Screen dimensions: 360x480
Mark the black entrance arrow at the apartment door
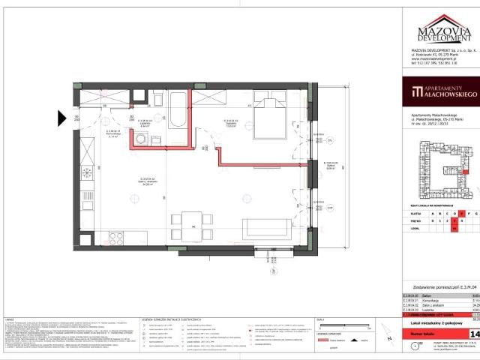[62, 117]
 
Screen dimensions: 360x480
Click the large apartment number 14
[474, 333]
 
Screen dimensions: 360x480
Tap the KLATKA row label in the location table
[409, 212]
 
